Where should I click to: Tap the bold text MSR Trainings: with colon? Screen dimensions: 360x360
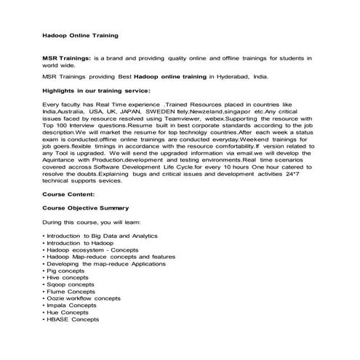click(x=68, y=57)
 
